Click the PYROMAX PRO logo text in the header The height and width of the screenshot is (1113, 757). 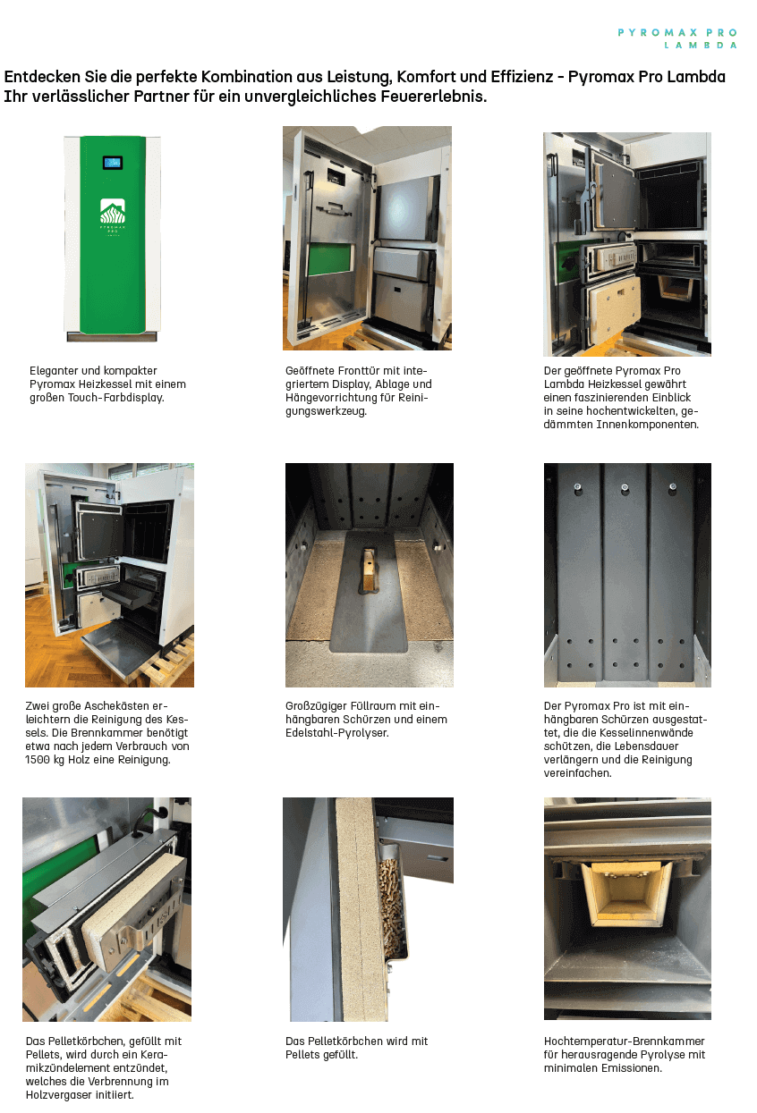coord(677,33)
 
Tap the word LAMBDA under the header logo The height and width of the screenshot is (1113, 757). coord(701,46)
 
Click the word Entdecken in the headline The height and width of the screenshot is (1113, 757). coord(42,77)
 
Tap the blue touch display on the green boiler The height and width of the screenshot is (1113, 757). coord(113,163)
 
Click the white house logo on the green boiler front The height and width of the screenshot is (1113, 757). coord(113,211)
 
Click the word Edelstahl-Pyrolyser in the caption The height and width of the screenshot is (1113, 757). coord(336,733)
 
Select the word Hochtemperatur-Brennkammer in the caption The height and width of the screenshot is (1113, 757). coord(625,1041)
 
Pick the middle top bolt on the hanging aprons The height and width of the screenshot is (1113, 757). coord(625,488)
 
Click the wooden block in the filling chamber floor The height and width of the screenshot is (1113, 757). coord(368,570)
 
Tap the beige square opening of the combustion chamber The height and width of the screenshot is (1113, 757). coord(626,894)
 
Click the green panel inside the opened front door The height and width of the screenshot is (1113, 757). coord(330,259)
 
